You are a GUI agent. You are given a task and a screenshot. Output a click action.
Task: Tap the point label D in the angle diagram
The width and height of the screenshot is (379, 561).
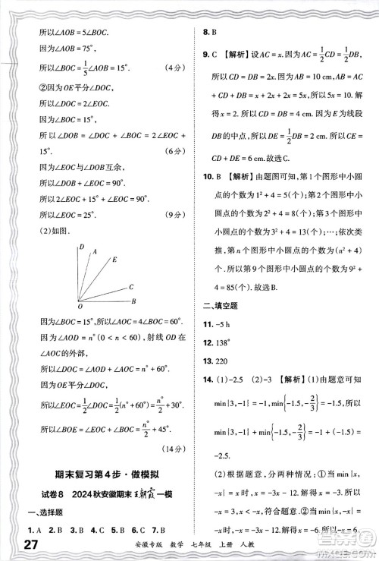click(81, 247)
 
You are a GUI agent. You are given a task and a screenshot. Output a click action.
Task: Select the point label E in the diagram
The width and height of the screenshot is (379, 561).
click(114, 260)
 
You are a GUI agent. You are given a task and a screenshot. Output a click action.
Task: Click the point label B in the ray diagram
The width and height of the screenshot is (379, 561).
click(133, 301)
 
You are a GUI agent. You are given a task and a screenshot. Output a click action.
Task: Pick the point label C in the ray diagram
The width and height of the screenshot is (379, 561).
click(131, 286)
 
